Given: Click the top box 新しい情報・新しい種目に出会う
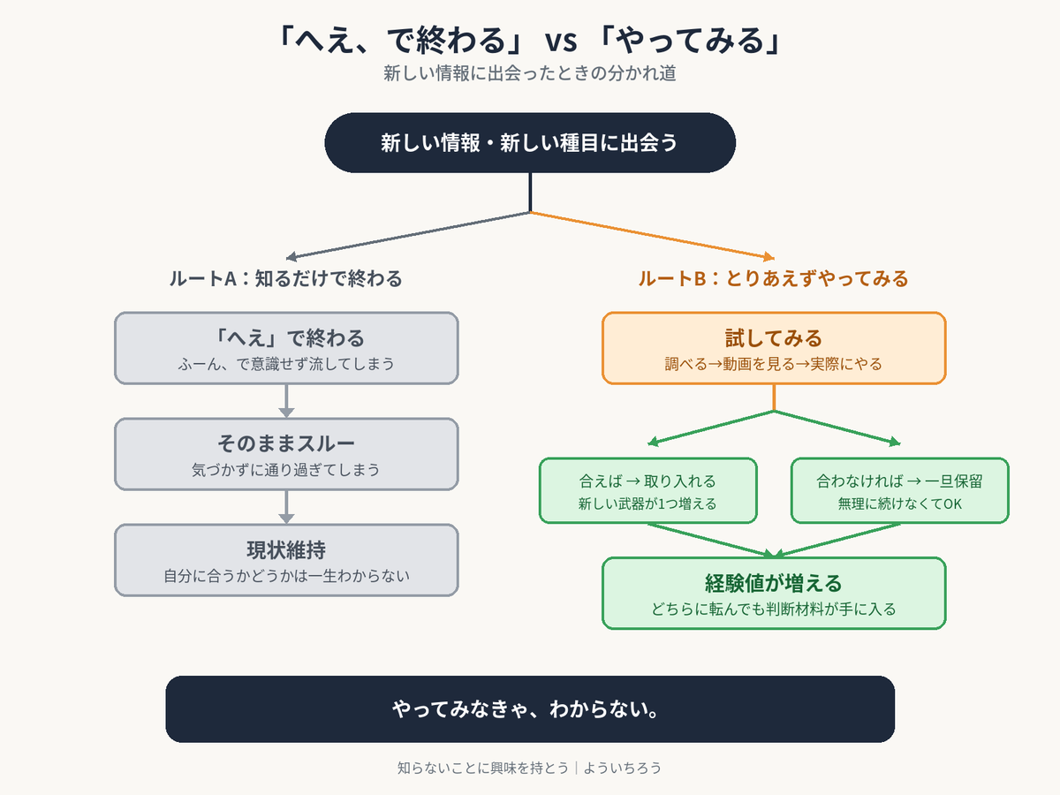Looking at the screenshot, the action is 530,143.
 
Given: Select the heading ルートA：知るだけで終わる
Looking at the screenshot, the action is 285,278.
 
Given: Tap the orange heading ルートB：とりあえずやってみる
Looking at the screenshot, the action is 773,278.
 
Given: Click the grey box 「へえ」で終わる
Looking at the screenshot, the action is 286,348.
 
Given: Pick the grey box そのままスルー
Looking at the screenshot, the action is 286,454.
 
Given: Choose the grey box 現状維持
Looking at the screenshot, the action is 286,560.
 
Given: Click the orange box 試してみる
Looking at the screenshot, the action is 774,348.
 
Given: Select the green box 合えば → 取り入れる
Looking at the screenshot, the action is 647,490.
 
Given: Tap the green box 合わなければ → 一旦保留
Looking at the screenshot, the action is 899,490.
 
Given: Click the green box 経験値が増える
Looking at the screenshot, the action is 774,594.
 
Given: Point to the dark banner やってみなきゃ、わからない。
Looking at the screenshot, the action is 530,709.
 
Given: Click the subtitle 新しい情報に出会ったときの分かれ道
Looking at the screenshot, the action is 530,73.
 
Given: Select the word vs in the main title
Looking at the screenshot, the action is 561,42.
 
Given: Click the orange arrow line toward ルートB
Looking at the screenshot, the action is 652,235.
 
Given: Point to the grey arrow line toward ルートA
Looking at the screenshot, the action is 408,235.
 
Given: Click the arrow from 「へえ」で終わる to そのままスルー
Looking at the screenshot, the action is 286,401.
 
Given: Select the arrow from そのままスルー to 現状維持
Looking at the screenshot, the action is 286,507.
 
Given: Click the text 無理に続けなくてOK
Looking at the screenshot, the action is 899,503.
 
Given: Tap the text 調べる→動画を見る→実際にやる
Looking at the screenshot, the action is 774,364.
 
